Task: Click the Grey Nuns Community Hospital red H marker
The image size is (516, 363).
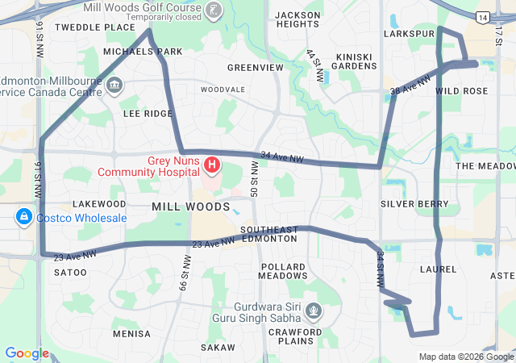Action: [x=212, y=165]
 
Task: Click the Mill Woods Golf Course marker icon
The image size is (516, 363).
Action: [x=214, y=10]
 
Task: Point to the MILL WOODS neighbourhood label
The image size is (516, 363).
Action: [x=190, y=207]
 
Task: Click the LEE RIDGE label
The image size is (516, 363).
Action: [x=148, y=114]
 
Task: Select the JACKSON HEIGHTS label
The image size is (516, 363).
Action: [x=298, y=20]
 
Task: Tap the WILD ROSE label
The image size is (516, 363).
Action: [x=461, y=91]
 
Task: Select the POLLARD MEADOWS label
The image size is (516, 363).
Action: [x=283, y=271]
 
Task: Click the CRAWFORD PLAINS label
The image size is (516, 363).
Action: [x=296, y=336]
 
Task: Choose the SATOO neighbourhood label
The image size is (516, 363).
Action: [x=70, y=273]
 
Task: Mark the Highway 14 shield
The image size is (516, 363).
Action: [x=482, y=17]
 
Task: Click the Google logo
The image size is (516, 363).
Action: [x=27, y=353]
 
